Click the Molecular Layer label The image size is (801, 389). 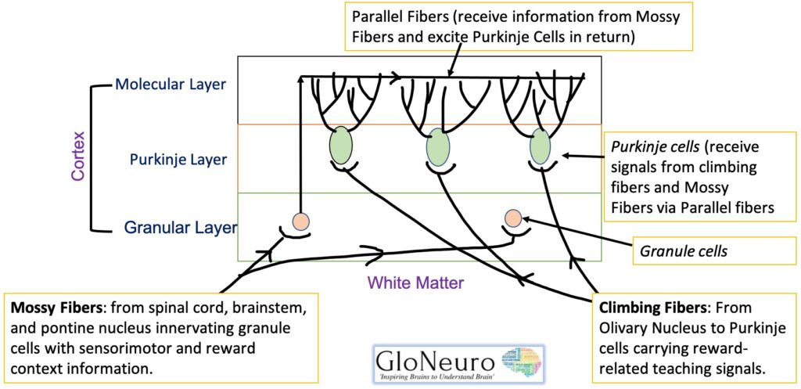click(x=171, y=84)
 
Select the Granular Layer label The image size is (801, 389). click(x=180, y=228)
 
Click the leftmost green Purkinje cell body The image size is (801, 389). click(x=340, y=146)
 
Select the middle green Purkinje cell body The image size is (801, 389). click(x=438, y=146)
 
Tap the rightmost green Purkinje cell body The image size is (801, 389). click(x=540, y=146)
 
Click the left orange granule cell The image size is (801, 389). click(x=301, y=221)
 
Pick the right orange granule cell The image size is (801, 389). click(x=513, y=217)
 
